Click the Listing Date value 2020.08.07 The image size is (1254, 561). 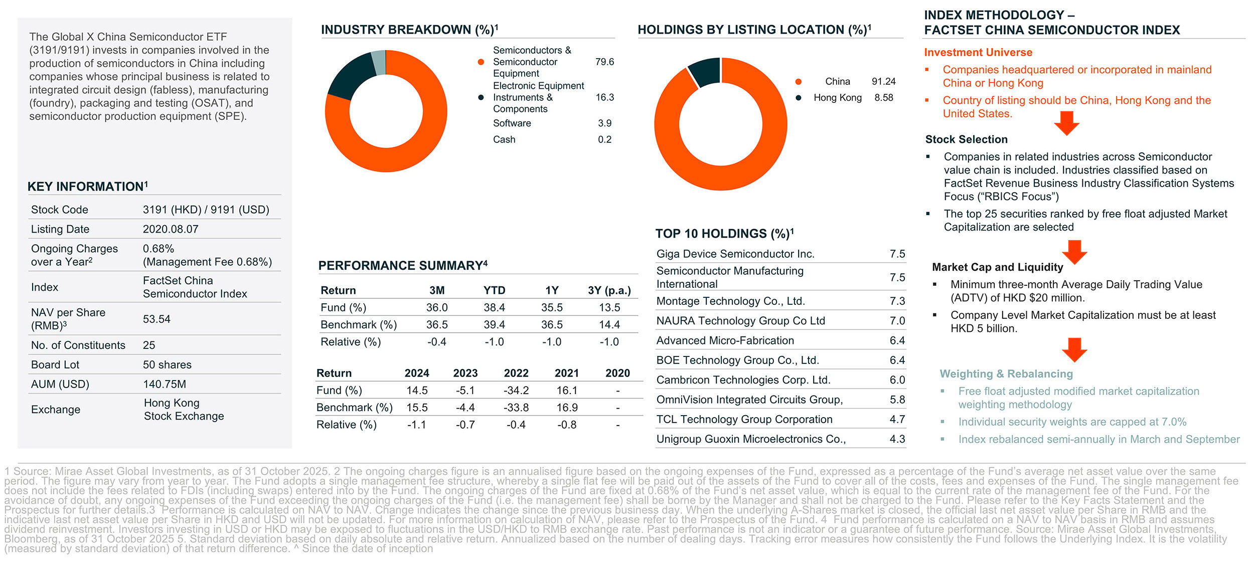click(x=171, y=229)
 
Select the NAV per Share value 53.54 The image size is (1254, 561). click(x=156, y=319)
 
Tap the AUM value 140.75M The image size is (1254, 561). click(x=165, y=384)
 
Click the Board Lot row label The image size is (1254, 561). click(x=55, y=364)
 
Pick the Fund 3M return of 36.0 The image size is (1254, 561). click(x=437, y=307)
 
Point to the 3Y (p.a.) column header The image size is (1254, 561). click(x=609, y=290)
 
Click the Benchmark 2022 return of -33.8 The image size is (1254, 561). click(x=516, y=408)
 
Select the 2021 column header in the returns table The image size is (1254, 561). click(x=567, y=373)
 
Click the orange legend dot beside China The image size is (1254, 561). click(x=798, y=82)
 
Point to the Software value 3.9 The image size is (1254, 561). click(x=604, y=123)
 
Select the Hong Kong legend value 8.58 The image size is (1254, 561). click(x=884, y=98)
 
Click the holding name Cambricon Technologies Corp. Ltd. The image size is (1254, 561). click(x=743, y=380)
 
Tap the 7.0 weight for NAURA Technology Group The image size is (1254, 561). click(x=897, y=321)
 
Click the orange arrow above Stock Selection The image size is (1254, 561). click(x=1066, y=123)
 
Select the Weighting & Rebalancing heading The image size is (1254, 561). click(x=1006, y=374)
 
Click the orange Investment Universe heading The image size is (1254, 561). click(x=978, y=53)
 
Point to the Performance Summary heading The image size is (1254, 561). click(x=403, y=266)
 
